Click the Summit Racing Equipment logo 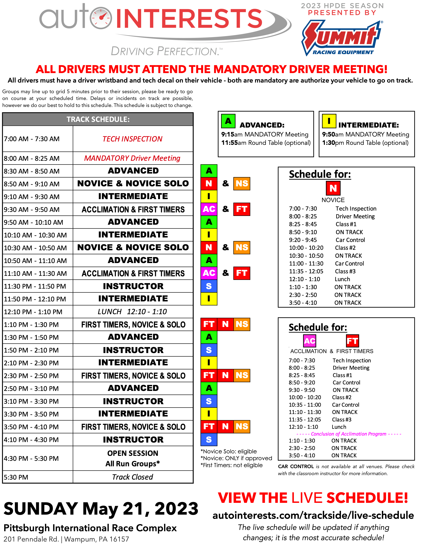[342, 38]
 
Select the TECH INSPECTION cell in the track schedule [133, 139]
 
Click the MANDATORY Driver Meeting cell [133, 158]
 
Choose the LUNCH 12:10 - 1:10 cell [133, 312]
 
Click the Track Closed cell [133, 477]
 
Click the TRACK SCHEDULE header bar [98, 119]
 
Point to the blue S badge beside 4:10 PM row [209, 440]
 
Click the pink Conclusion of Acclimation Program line [349, 434]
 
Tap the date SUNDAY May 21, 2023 [101, 509]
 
